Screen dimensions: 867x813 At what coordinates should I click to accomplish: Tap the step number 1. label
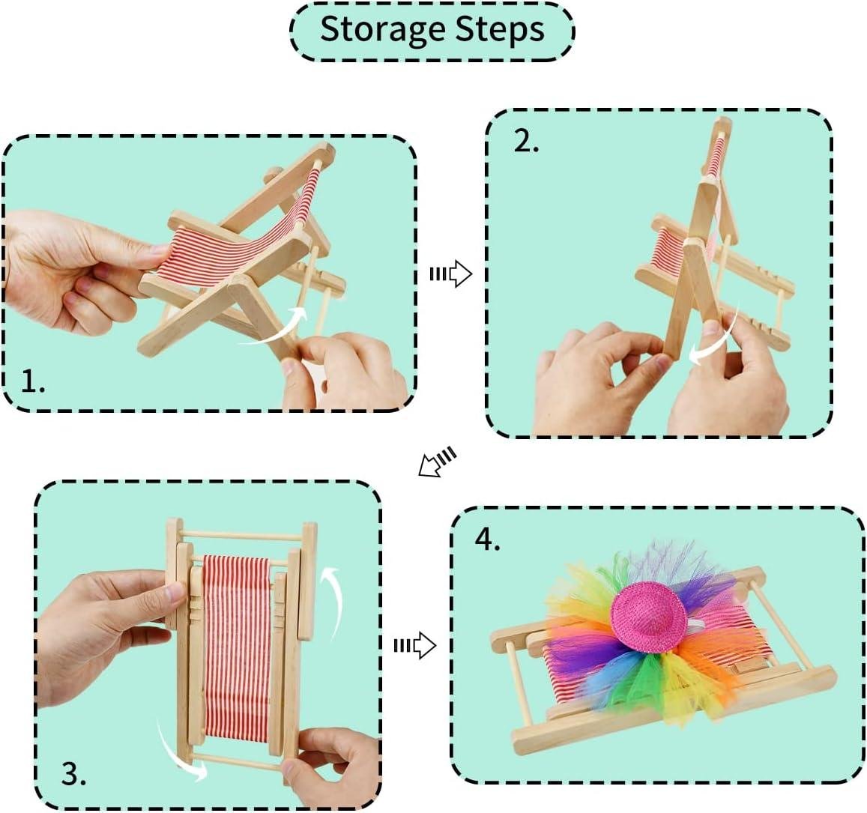pyautogui.click(x=33, y=381)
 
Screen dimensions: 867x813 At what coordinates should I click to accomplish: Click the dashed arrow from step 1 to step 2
pyautogui.click(x=450, y=273)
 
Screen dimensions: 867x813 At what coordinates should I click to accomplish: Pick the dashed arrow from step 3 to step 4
pyautogui.click(x=414, y=645)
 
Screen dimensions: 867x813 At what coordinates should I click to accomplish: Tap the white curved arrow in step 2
pyautogui.click(x=716, y=340)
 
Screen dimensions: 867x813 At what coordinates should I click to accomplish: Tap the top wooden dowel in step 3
pyautogui.click(x=241, y=535)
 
